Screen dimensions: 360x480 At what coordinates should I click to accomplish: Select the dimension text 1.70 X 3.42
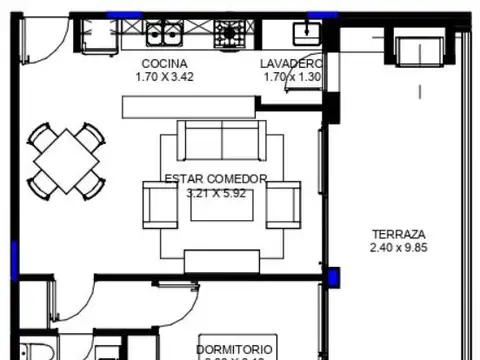tap(165, 76)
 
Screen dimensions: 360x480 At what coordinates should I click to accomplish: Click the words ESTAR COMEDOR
tap(215, 180)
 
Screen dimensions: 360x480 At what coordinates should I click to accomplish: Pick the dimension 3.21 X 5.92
tap(215, 193)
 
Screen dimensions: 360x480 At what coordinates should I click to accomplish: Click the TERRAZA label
tap(398, 233)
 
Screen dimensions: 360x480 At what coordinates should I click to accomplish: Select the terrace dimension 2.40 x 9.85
tap(398, 247)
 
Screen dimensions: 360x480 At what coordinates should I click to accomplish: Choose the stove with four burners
tap(231, 36)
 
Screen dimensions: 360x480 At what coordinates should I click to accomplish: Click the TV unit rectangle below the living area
tap(221, 260)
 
